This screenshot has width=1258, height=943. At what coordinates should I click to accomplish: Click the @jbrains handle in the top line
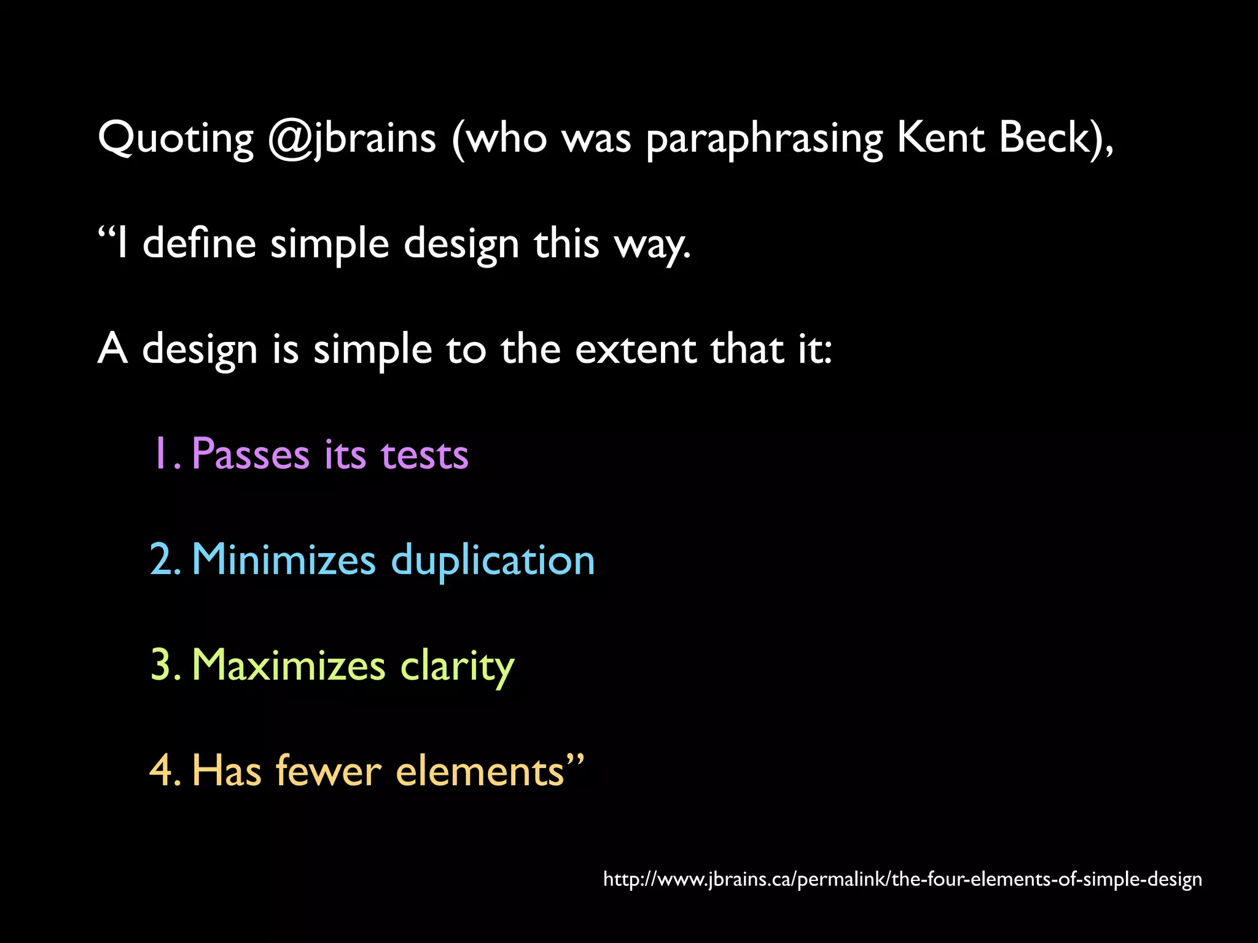click(352, 139)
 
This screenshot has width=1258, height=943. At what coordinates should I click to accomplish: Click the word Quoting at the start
click(176, 139)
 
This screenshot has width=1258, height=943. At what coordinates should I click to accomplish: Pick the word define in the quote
click(199, 243)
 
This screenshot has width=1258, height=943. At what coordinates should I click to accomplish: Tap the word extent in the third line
click(636, 349)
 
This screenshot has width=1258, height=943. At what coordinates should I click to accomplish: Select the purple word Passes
click(251, 454)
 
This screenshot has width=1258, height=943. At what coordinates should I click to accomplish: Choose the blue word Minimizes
click(283, 559)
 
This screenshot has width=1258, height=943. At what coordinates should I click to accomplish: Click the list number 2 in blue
click(163, 559)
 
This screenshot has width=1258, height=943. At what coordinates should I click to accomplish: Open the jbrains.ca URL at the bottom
click(902, 879)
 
